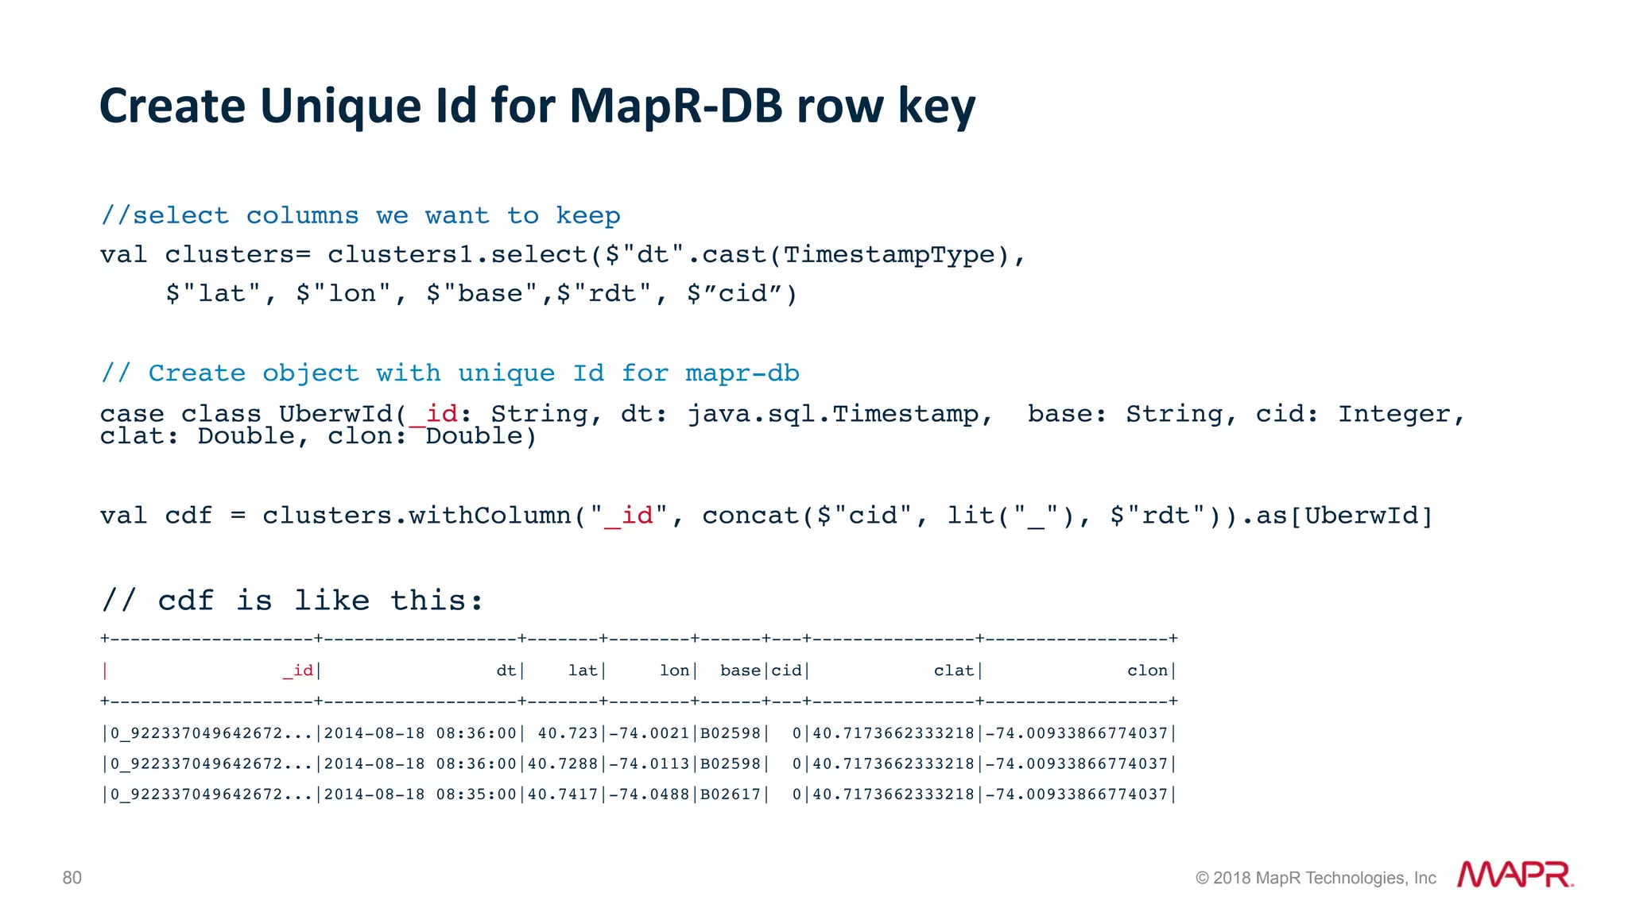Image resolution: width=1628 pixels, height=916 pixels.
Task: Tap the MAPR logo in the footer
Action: coord(1514,875)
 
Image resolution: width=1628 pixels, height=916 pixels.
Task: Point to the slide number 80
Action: coord(72,878)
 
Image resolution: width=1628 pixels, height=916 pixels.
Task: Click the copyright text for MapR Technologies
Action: coord(1316,878)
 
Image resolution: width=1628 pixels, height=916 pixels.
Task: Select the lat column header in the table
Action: coord(583,671)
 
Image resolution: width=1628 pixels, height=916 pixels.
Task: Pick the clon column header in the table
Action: coord(1147,671)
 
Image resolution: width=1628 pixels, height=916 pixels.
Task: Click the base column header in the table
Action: coord(740,671)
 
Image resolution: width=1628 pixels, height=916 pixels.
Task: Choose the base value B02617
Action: coord(731,794)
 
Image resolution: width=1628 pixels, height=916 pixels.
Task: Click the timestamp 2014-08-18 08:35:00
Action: coord(421,794)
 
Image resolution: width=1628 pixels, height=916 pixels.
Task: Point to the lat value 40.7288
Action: coord(563,763)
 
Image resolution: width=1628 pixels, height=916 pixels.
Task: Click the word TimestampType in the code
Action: coord(890,255)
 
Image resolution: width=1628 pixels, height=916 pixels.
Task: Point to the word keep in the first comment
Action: coord(587,215)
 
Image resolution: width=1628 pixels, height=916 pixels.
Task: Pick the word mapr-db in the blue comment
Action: coord(742,373)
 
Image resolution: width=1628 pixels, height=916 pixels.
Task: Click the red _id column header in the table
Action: coord(298,671)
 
